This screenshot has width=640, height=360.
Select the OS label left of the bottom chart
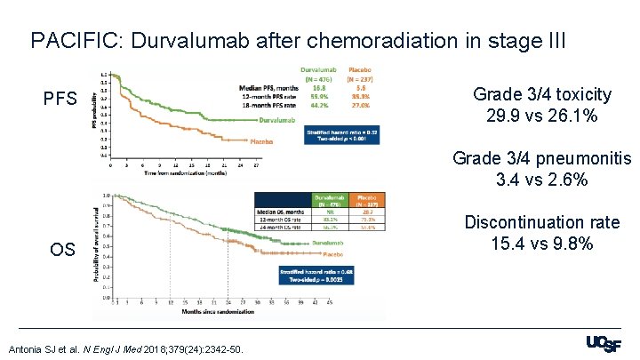[x=61, y=249]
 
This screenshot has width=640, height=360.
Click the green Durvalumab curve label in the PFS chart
[x=284, y=119]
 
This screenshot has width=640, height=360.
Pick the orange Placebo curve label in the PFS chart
[x=261, y=140]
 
